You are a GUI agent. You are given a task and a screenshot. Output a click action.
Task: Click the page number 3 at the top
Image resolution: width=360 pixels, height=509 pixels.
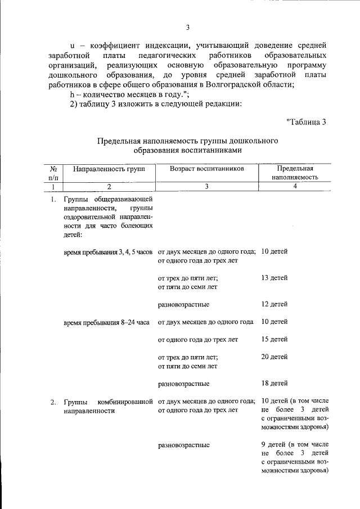coord(188,28)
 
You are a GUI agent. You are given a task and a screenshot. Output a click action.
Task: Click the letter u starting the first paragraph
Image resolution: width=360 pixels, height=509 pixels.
coord(72,44)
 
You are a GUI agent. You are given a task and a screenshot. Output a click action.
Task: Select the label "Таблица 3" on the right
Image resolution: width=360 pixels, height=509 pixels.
coord(306,121)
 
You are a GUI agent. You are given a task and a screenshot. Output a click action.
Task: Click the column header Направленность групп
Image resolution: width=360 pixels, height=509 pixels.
coord(105,168)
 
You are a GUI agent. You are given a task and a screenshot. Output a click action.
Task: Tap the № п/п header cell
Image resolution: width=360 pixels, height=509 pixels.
coord(52,172)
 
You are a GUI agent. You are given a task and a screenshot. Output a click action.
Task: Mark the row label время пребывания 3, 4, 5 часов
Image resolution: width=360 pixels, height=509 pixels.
coord(109,252)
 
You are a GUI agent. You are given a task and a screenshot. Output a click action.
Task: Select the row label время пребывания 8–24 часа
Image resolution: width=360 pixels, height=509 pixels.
coord(106,322)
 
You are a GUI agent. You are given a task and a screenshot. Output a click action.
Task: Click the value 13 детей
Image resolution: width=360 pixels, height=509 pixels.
coord(275,278)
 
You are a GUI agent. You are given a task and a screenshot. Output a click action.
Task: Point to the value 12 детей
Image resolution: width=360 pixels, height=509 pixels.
coord(275,304)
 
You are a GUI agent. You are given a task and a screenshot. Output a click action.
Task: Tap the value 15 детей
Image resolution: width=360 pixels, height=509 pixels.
coord(275,339)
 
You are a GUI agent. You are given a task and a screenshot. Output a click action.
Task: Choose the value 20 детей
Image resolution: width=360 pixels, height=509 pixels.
coord(275,357)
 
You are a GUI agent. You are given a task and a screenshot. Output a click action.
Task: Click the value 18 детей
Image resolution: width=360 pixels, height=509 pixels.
coord(275,384)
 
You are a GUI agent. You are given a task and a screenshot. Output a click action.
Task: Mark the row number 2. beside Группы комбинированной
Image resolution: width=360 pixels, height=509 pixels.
coord(52,402)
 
